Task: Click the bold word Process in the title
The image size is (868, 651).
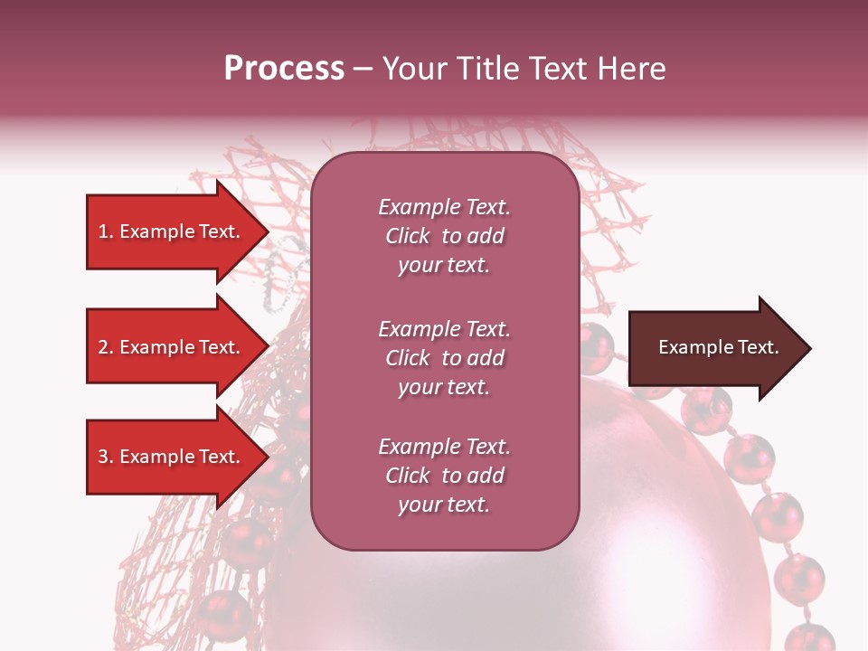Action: tap(284, 69)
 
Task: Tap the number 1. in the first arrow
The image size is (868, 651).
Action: tap(106, 232)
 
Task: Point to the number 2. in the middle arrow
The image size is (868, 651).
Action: tap(106, 348)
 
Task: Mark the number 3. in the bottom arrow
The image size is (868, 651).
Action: tap(106, 458)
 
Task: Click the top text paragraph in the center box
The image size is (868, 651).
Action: tap(444, 236)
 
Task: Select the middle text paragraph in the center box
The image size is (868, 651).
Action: tap(444, 358)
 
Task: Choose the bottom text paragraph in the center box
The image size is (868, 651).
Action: tap(444, 476)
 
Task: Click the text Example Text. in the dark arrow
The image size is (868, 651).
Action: tap(718, 348)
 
